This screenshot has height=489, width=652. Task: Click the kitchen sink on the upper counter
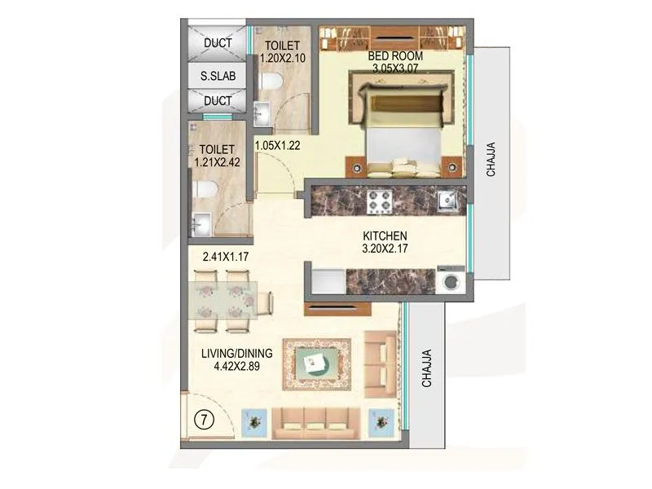click(447, 200)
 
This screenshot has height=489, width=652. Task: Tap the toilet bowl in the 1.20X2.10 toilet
click(274, 81)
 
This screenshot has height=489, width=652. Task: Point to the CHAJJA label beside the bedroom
click(491, 159)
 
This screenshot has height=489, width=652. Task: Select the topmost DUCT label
click(218, 43)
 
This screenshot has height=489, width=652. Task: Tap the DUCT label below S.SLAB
click(218, 101)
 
